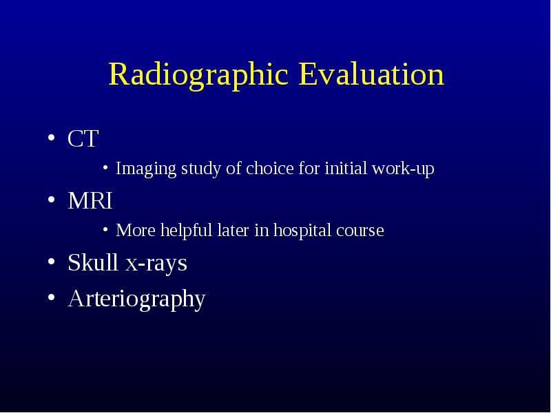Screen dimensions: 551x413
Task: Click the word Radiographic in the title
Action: (x=198, y=76)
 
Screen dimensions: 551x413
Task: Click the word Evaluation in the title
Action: (x=371, y=74)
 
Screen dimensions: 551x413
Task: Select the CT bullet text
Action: (x=83, y=138)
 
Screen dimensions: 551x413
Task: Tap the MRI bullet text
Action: (x=90, y=200)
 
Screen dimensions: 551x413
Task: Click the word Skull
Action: (x=93, y=262)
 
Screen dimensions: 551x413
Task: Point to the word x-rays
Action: (x=156, y=264)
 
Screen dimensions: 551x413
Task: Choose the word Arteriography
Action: (x=136, y=299)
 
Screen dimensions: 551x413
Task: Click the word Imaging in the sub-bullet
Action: (x=146, y=169)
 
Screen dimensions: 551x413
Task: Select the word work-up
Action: (x=404, y=169)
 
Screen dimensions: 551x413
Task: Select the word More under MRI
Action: (x=136, y=231)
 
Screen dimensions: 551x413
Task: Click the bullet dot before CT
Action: (x=51, y=138)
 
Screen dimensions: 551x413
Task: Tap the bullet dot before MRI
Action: (x=51, y=200)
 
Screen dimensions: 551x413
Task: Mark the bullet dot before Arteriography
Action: (x=51, y=297)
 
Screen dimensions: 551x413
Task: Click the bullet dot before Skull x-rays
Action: (x=51, y=262)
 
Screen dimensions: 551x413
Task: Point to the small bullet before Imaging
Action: (x=105, y=167)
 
